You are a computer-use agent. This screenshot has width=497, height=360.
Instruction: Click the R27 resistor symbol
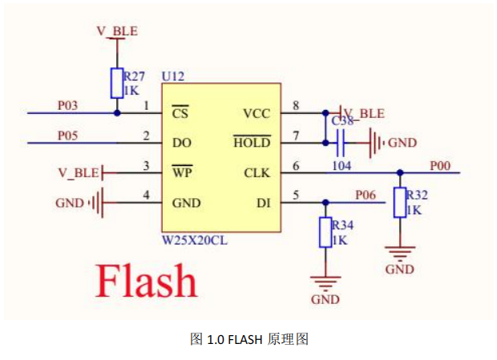pos(117,82)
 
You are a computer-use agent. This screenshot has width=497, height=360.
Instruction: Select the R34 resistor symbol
pos(325,233)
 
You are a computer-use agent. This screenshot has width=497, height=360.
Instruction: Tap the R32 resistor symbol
pos(399,203)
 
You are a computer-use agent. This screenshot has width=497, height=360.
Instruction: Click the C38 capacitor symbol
pos(341,144)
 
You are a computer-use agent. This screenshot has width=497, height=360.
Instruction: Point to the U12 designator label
pos(172,75)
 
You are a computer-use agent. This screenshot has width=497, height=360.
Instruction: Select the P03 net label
pos(68,105)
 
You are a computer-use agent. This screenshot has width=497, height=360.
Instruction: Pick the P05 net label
pos(68,136)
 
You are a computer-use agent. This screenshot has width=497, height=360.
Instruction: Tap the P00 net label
pos(440,165)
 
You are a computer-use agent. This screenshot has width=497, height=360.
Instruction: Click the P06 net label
pos(365,195)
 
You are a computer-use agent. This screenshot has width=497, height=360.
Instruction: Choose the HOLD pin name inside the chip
pos(252,143)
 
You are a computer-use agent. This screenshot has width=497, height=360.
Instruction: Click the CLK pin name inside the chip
pos(257,173)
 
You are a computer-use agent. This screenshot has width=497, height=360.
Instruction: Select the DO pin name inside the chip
pos(180,143)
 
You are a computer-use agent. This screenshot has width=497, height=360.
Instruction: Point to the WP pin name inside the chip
pos(181,173)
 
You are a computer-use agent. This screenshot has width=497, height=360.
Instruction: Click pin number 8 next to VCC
pos(296,105)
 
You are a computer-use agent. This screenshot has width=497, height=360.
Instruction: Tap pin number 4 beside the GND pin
pos(146,196)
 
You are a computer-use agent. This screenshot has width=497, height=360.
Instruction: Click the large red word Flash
pos(146,280)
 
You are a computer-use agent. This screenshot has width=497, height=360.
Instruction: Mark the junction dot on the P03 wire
pos(117,113)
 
